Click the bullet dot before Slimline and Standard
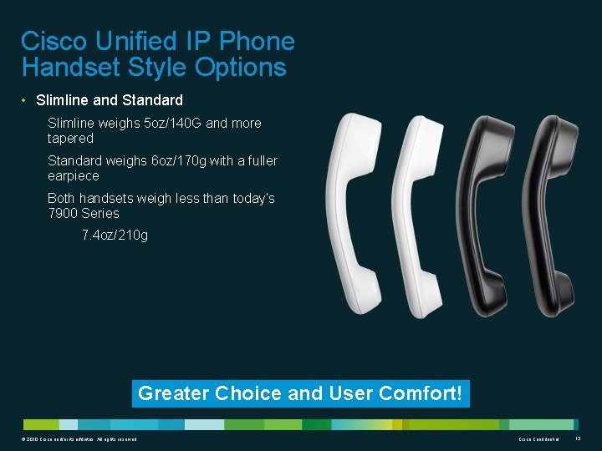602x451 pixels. (25, 101)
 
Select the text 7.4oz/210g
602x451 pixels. (115, 236)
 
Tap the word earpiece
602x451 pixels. (74, 176)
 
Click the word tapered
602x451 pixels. (70, 138)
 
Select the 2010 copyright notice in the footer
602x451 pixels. (76, 439)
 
